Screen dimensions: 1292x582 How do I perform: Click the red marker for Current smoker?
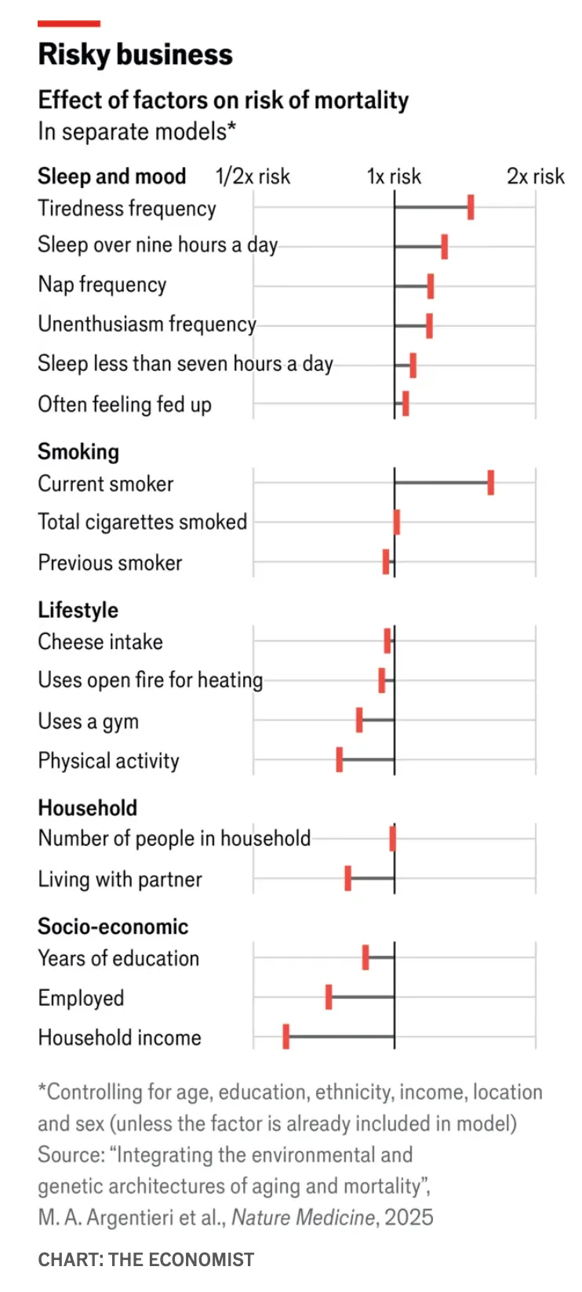[x=491, y=483]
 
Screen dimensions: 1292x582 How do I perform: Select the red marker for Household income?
[x=286, y=1036]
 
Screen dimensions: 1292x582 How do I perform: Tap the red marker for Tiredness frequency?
[x=471, y=208]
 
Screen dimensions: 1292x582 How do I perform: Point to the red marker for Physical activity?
[x=340, y=760]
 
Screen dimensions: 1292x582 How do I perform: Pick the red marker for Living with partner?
[x=348, y=879]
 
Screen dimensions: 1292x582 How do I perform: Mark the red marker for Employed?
[x=329, y=997]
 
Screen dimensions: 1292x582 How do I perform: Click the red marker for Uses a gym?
[x=359, y=720]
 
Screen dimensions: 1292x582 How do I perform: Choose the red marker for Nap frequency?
[x=431, y=286]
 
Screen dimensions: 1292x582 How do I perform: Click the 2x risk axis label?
[x=535, y=176]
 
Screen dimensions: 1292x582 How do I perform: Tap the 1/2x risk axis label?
[x=253, y=176]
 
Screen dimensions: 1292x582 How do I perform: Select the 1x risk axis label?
[x=394, y=176]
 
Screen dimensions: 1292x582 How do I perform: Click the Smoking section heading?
[x=78, y=452]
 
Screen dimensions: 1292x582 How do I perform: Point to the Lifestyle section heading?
[x=78, y=610]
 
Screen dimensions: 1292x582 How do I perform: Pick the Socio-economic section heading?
[x=113, y=927]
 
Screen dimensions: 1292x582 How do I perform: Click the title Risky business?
[x=135, y=55]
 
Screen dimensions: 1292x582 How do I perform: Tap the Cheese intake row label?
[x=100, y=642]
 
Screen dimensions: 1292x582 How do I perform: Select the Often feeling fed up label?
[x=125, y=405]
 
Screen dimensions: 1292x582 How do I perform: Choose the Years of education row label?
[x=118, y=958]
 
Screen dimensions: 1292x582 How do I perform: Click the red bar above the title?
[x=69, y=24]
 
